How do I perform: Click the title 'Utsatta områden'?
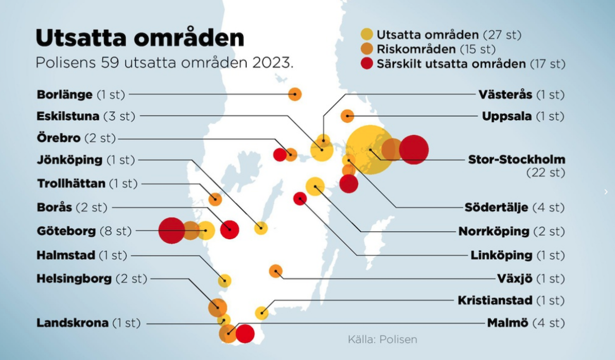coord(139,39)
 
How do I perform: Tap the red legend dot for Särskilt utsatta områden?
coord(366,64)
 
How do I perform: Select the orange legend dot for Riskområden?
coord(366,49)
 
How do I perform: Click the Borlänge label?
coord(65,95)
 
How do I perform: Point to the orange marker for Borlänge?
coord(295,94)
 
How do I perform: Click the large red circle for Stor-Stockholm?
coord(414,150)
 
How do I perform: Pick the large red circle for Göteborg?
coord(171,230)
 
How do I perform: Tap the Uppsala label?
coord(507,116)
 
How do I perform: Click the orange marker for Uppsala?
coord(347,116)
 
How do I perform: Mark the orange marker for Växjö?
coord(276,271)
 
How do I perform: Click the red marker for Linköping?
coord(300,199)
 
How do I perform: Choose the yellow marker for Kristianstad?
coord(262,313)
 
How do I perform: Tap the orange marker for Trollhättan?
coord(215,200)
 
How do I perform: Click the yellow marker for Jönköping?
coord(261,228)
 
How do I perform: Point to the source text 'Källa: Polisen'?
coord(382,339)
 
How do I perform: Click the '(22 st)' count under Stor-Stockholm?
coord(545,173)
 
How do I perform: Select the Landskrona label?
coord(73,323)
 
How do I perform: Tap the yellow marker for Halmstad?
coord(224,281)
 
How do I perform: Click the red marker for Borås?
coord(230,230)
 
